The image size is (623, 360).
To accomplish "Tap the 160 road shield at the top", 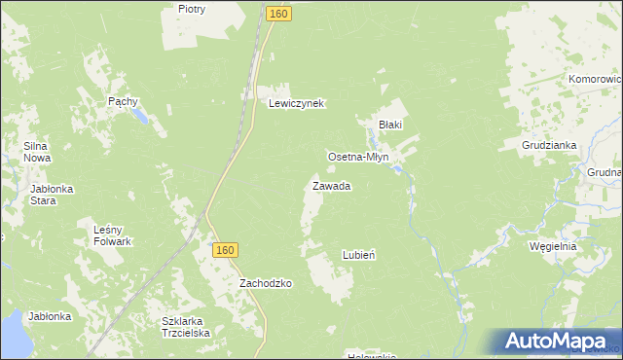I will [x=278, y=14].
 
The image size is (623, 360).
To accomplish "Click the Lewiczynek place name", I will [x=296, y=102].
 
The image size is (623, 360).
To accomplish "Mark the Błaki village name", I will [x=390, y=125].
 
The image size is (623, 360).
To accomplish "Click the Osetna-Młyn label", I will [x=358, y=157].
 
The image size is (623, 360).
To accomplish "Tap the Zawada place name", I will [x=331, y=185].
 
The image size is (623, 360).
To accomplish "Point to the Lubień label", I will [x=359, y=254].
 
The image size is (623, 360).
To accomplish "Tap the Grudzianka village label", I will [x=550, y=145].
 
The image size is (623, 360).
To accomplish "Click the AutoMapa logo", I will [x=560, y=340].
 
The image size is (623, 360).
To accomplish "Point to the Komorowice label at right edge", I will [x=595, y=79].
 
